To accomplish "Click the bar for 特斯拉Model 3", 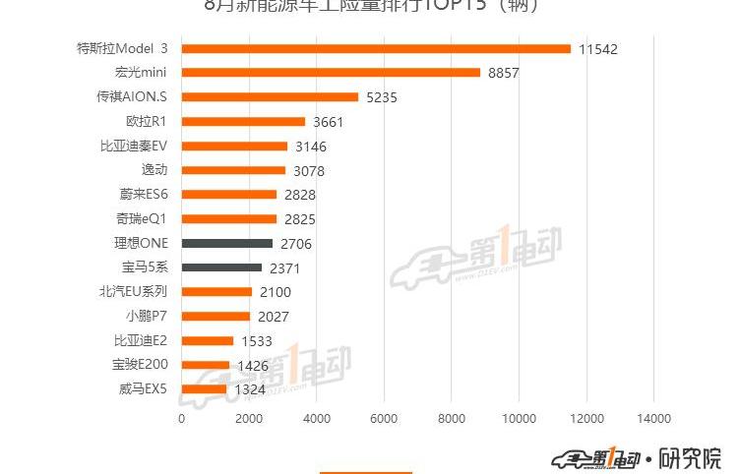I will tap(376, 48).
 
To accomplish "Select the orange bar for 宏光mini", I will tap(331, 73).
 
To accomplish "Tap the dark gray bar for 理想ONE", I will tap(227, 243).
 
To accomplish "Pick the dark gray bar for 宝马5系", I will tap(221, 267).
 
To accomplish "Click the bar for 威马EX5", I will tap(204, 389).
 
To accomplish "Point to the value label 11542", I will tap(598, 49).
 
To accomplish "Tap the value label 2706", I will tap(296, 244).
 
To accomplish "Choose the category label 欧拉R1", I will tap(146, 121).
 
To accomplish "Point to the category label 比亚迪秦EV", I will tap(134, 146).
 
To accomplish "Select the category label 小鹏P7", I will tap(147, 316).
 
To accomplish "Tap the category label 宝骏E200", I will tap(140, 365).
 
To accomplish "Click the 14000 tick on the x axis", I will tap(654, 418).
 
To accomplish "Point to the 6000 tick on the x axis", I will tap(384, 418).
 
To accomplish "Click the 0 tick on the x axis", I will tap(181, 418).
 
